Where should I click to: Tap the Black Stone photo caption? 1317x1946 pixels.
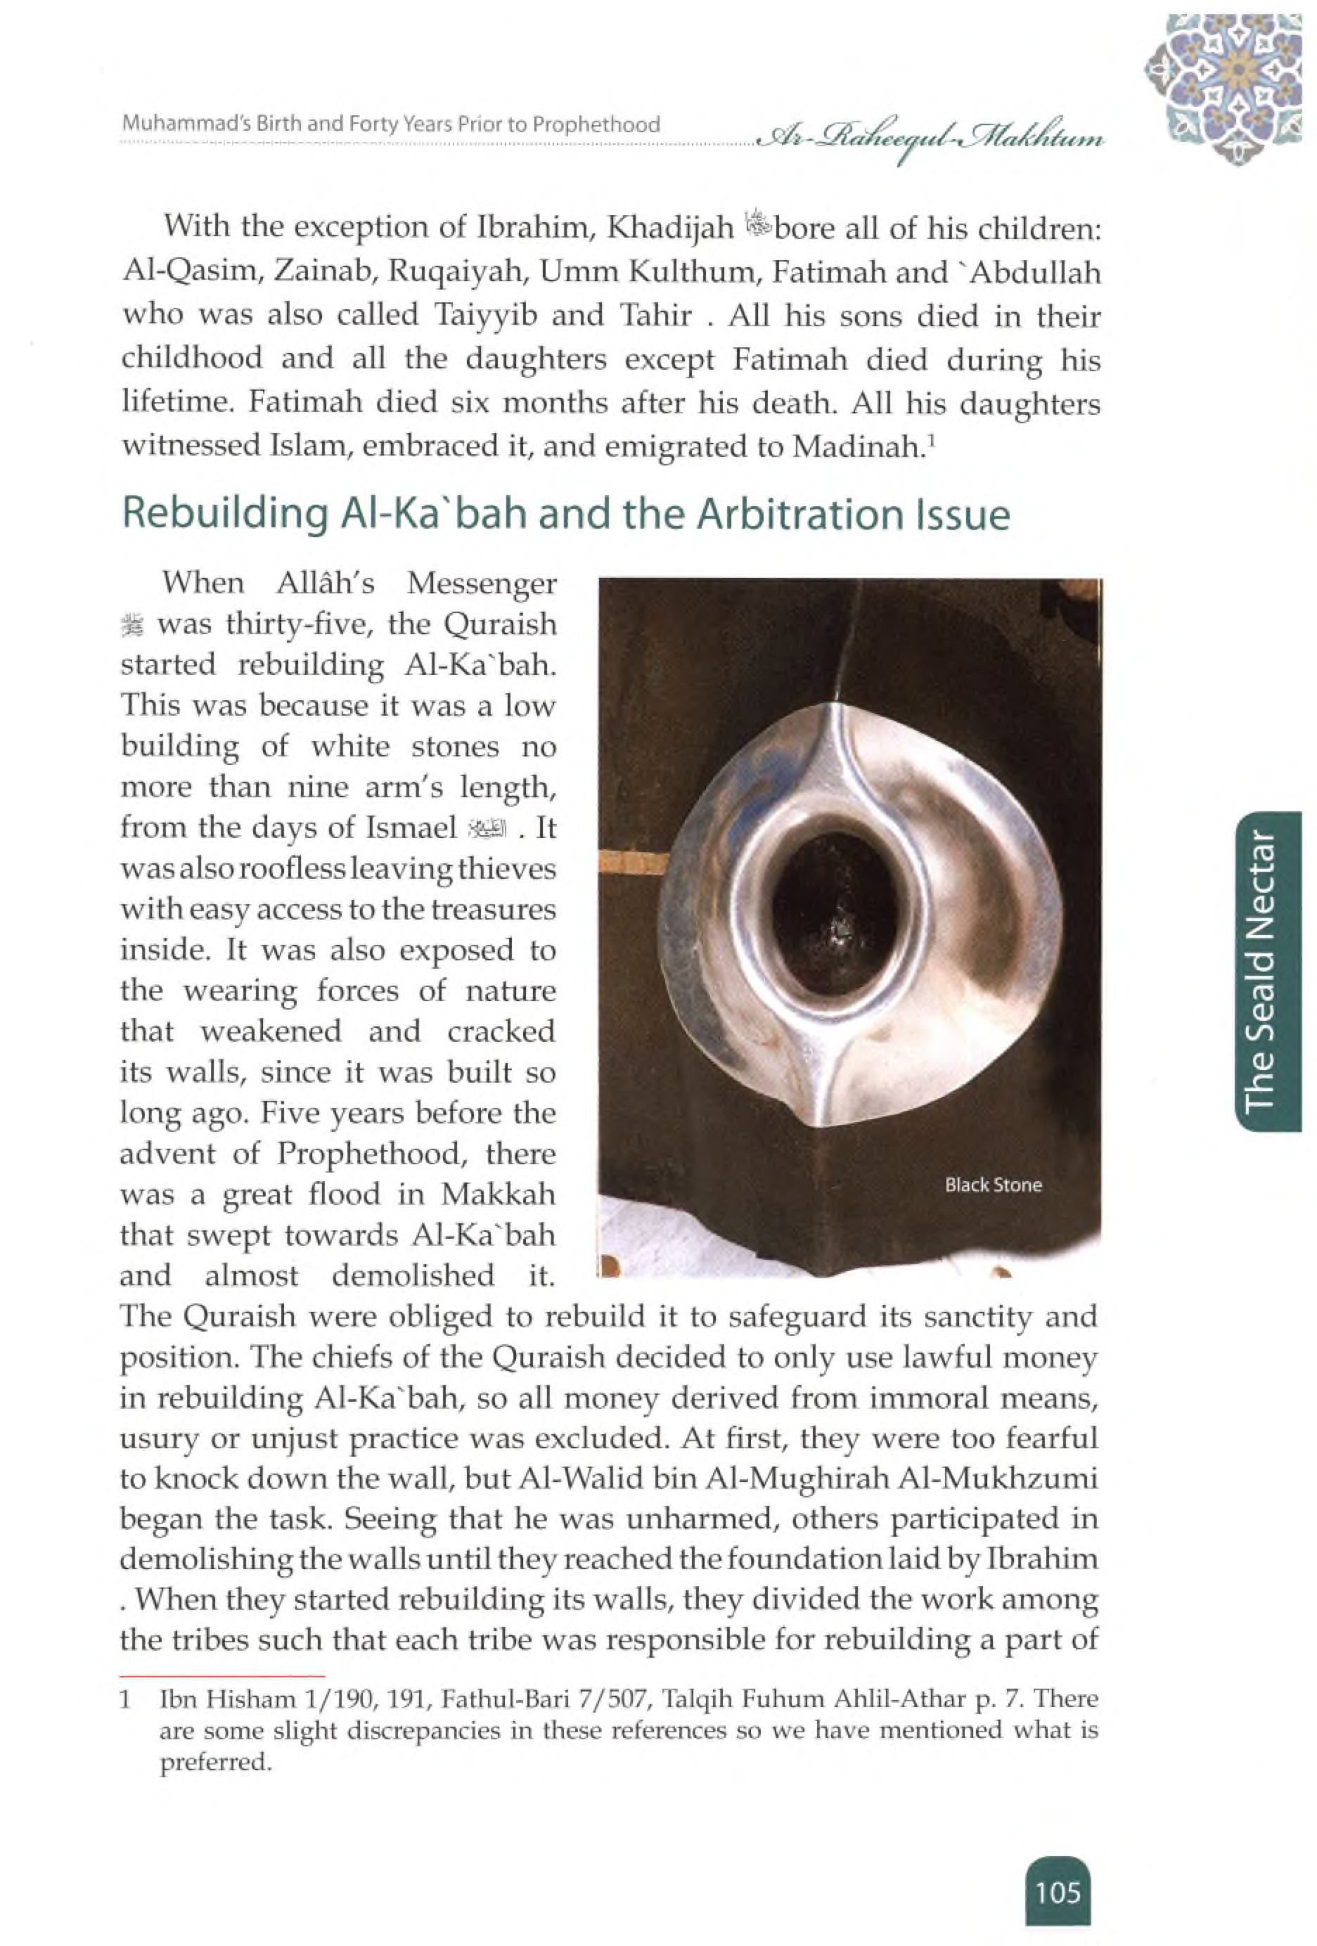click(993, 1185)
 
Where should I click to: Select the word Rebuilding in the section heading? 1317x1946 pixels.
click(224, 514)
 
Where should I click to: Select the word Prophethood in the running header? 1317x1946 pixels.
click(596, 124)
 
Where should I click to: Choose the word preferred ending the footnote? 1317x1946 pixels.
click(215, 1762)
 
